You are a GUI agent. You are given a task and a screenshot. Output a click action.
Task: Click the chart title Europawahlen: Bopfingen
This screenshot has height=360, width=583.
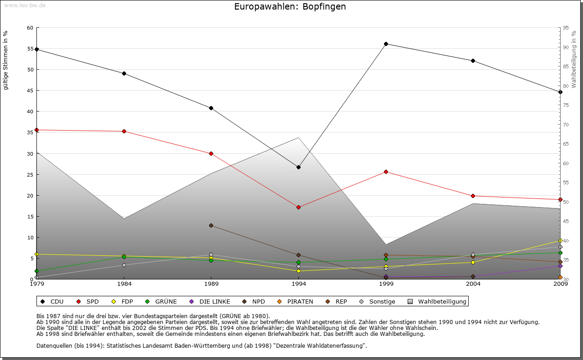[290, 7]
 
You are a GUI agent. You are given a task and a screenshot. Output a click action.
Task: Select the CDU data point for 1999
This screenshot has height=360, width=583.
[386, 44]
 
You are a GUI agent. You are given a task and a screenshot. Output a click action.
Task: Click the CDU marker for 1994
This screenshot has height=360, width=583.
[298, 167]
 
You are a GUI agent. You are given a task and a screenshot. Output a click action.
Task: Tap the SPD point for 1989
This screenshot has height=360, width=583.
[211, 154]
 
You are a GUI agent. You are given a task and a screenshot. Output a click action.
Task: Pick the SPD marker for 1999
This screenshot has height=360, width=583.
[386, 172]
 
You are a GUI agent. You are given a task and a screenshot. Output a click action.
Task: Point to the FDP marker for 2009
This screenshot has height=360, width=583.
[560, 240]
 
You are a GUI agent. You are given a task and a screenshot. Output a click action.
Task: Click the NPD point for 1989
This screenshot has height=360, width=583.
[211, 225]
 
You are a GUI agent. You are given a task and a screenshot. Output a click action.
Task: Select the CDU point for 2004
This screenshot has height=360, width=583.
[473, 61]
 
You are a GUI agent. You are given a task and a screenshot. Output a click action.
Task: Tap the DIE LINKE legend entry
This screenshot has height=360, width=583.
[210, 301]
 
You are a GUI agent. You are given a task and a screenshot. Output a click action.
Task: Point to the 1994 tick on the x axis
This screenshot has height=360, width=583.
[298, 284]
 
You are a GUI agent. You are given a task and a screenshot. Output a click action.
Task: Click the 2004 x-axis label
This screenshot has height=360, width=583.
[473, 284]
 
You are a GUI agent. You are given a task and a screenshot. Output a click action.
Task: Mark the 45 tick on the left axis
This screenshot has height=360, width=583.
[30, 91]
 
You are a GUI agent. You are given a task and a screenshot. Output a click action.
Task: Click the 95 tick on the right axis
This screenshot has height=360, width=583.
[566, 28]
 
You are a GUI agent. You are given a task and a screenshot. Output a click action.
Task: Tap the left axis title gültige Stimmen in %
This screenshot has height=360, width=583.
[6, 60]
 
